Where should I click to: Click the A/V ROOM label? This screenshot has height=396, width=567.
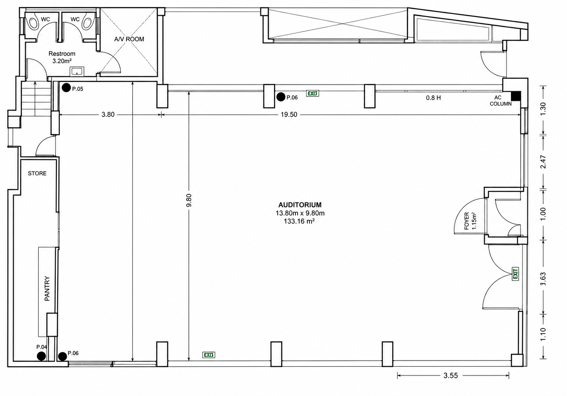click(129, 39)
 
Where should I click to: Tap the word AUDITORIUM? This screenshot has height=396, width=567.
click(300, 205)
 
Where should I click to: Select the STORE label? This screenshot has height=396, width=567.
click(37, 173)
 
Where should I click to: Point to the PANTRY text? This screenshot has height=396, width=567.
click(47, 288)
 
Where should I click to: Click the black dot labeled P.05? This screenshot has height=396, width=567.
click(66, 88)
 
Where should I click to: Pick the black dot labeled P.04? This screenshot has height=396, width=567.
click(41, 356)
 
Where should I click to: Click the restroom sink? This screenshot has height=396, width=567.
click(77, 71)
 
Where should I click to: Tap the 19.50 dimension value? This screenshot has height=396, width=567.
click(289, 115)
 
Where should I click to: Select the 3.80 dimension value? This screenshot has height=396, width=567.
click(108, 115)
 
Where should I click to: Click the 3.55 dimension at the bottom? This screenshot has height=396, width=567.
click(450, 375)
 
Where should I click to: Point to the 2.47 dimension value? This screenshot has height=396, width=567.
click(543, 162)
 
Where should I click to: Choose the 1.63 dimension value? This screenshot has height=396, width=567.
click(543, 279)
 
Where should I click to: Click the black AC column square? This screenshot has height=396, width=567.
click(515, 96)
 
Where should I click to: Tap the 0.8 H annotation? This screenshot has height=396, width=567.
click(433, 98)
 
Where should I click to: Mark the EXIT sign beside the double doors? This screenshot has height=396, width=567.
click(515, 274)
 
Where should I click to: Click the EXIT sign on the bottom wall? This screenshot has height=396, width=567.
click(209, 355)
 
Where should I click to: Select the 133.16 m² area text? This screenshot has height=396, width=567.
click(299, 222)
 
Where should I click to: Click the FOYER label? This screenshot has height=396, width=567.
click(467, 221)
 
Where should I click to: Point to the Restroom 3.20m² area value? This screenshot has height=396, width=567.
click(62, 61)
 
